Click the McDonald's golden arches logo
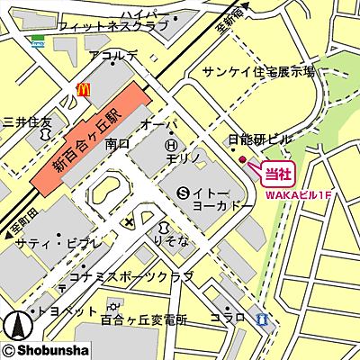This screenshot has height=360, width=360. (x=84, y=89)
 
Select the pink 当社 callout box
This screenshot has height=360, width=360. (x=276, y=170)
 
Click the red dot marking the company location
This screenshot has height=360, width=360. (x=242, y=160)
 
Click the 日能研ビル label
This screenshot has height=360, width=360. (x=260, y=139)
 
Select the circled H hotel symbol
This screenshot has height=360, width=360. (x=172, y=143)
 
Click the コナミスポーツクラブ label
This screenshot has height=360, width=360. (x=136, y=275)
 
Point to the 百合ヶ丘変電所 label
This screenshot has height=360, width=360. (x=144, y=319)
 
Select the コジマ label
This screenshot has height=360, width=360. (x=228, y=319)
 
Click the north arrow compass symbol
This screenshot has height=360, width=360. (x=14, y=325)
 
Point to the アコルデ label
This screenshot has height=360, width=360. (x=114, y=57)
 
